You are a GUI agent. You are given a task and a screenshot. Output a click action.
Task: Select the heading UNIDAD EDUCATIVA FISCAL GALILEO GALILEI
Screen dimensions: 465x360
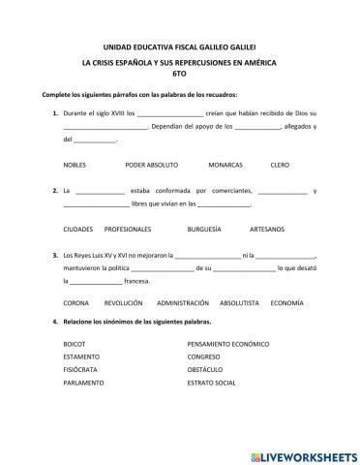[x=179, y=46]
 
